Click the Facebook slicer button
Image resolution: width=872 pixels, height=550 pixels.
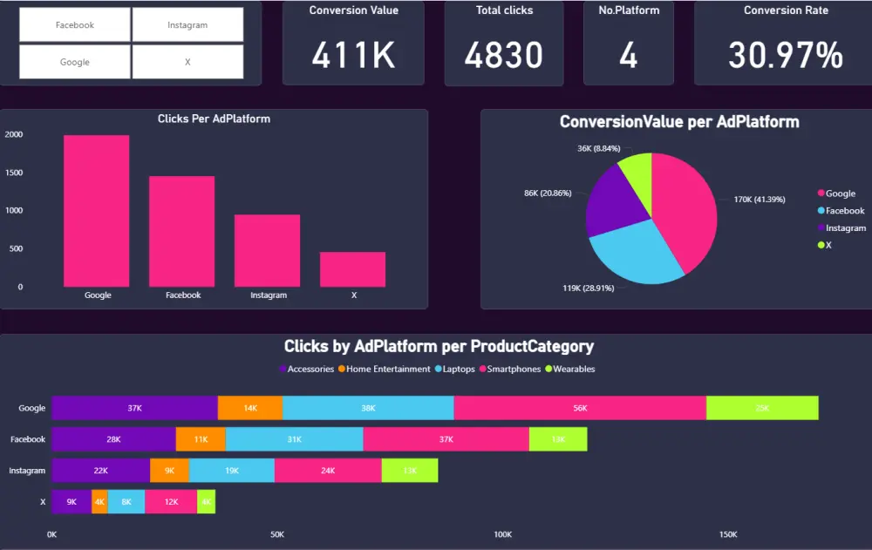pos(75,25)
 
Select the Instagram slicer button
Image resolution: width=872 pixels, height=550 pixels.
pos(187,25)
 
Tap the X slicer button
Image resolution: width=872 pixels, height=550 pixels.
pos(187,63)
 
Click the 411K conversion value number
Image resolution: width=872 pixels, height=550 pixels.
pos(353,56)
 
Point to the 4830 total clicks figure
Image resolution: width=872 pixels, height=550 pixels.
pos(504,56)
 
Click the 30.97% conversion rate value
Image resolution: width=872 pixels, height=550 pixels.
pos(786,56)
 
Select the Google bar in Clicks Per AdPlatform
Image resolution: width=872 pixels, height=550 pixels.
pos(97,211)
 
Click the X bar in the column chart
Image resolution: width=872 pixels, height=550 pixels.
pos(353,269)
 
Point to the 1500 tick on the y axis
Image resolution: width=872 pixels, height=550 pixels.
pos(14,173)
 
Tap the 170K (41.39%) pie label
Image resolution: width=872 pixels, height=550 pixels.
pos(760,200)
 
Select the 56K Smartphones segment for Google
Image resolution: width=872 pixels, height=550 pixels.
pos(580,408)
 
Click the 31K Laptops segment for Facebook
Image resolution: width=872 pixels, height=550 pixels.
pos(294,439)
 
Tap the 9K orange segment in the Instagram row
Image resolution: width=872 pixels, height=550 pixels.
pos(169,471)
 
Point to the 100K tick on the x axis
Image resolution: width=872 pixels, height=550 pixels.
pos(502,534)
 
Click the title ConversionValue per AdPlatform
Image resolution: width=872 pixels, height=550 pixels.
pos(679,122)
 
